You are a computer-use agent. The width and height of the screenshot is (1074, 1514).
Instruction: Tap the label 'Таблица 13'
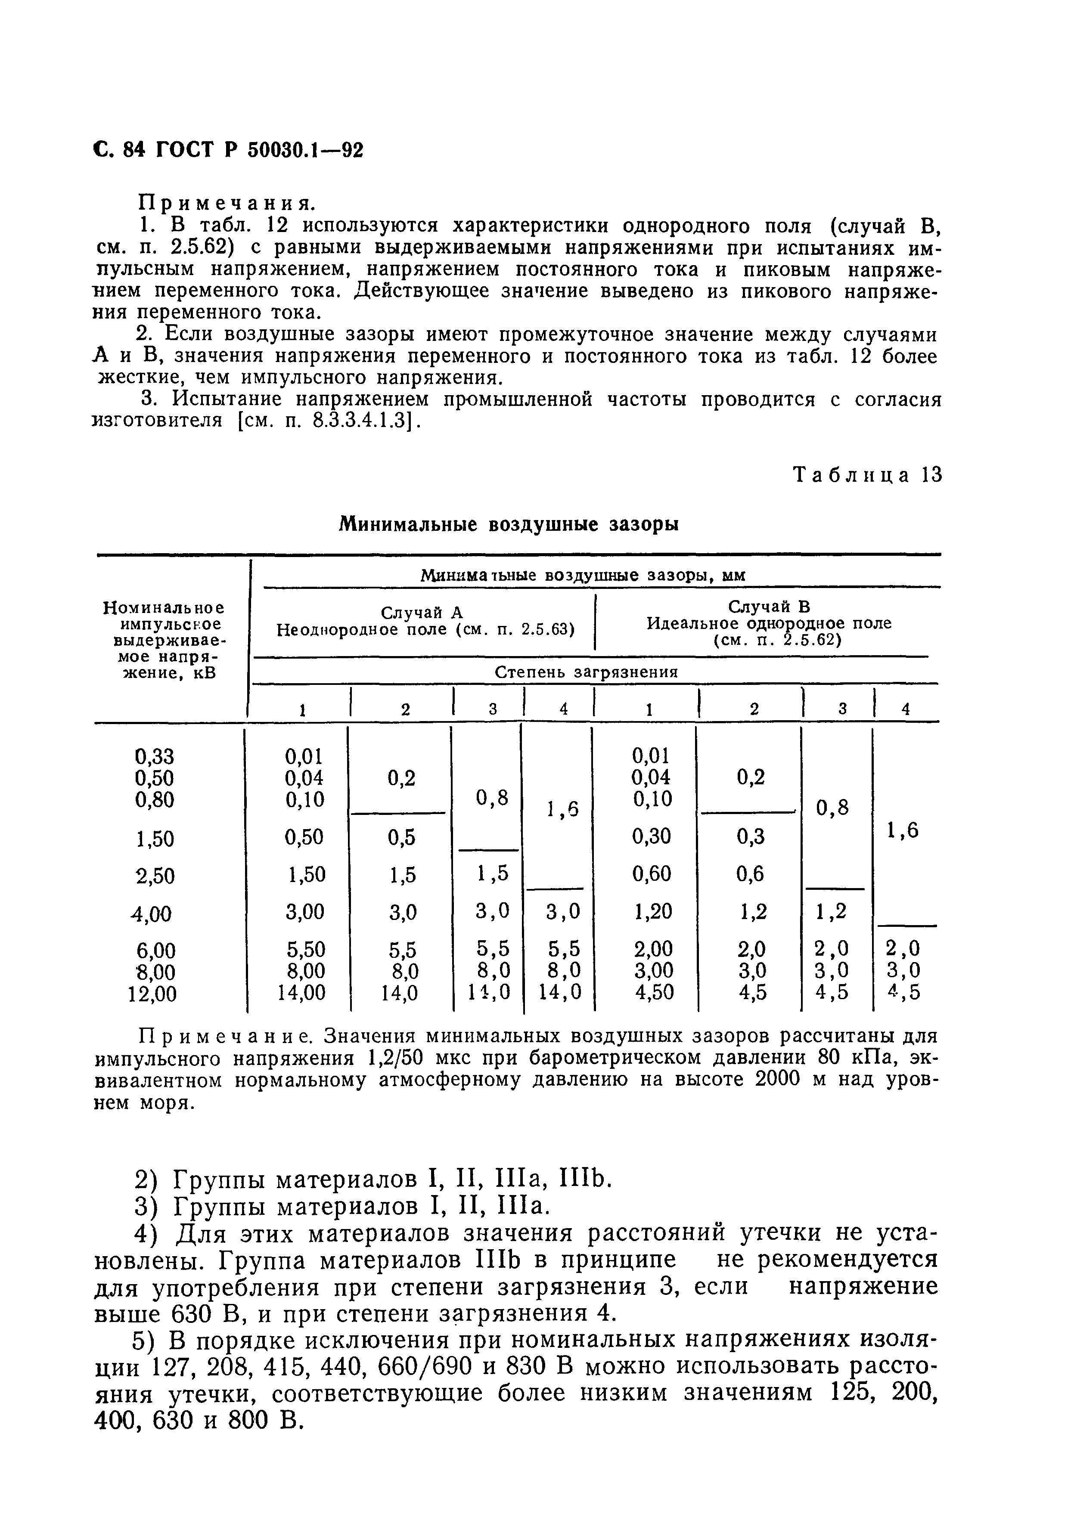pyautogui.click(x=867, y=475)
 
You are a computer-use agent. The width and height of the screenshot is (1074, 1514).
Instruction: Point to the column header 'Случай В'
pyautogui.click(x=768, y=606)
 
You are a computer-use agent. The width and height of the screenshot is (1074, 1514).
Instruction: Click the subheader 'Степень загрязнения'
pyautogui.click(x=587, y=672)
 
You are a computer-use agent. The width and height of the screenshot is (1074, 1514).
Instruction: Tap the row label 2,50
pyautogui.click(x=155, y=876)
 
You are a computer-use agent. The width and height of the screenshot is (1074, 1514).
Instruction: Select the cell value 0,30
pyautogui.click(x=652, y=837)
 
